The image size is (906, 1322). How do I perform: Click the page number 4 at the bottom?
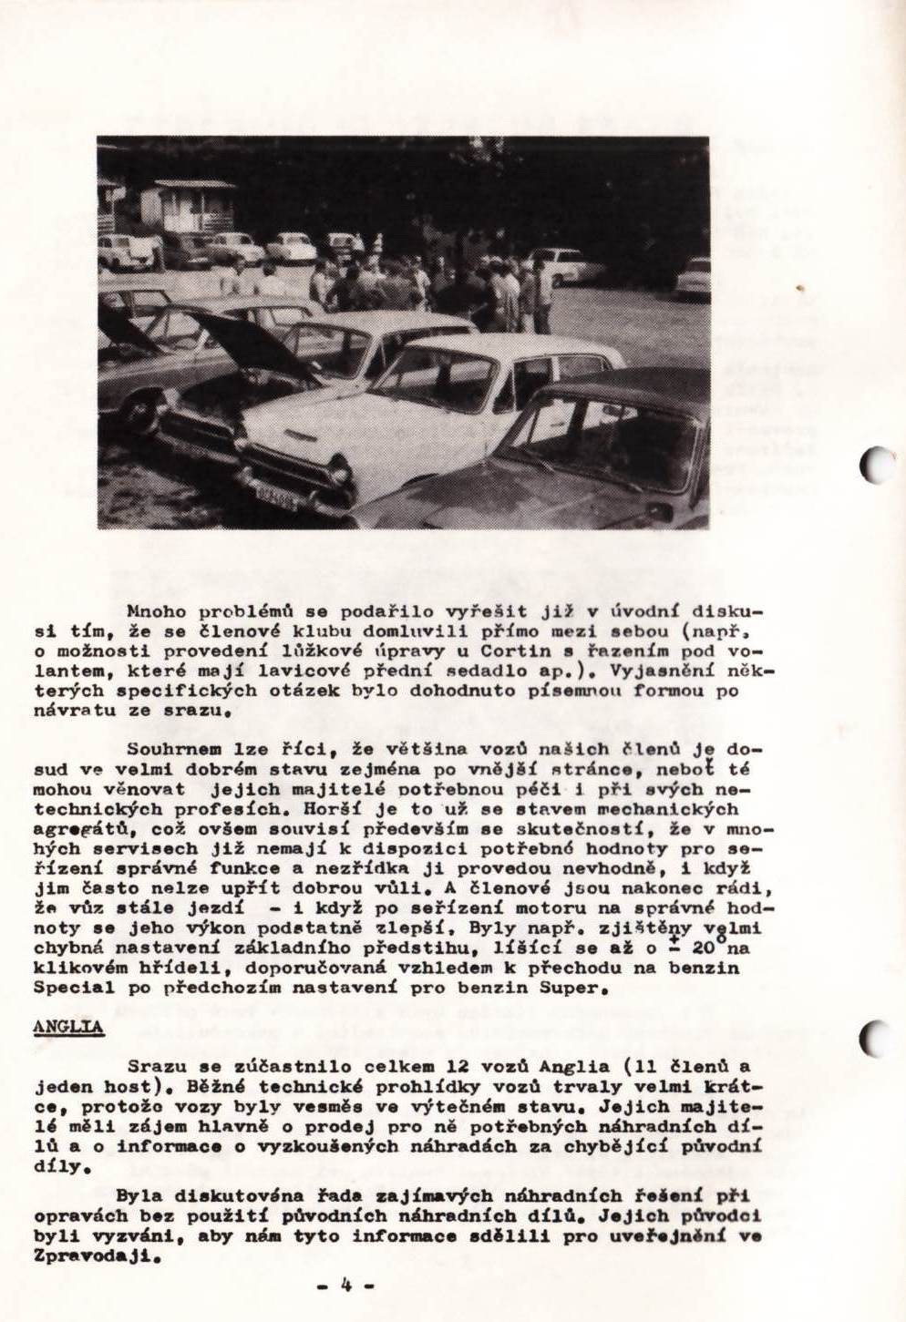[x=346, y=1285]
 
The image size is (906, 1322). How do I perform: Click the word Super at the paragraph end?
[x=568, y=988]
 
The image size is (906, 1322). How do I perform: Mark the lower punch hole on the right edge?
[x=876, y=1037]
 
